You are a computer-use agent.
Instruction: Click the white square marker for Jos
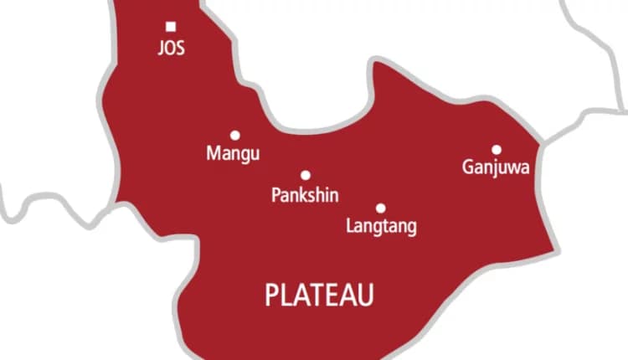click(171, 27)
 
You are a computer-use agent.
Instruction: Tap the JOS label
click(171, 48)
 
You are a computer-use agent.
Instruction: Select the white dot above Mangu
click(234, 135)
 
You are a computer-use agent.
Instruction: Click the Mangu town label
click(233, 154)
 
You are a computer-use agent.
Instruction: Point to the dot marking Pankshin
click(306, 175)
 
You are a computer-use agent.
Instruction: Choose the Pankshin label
click(306, 195)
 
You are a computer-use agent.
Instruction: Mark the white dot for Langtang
click(380, 208)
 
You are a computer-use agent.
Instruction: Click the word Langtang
click(381, 227)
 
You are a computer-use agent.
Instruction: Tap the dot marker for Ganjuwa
click(496, 149)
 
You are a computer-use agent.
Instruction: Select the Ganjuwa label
click(496, 168)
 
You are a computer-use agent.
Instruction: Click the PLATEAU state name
click(319, 295)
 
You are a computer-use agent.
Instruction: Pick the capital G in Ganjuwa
click(468, 167)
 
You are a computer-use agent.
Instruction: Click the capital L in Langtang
click(350, 226)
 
